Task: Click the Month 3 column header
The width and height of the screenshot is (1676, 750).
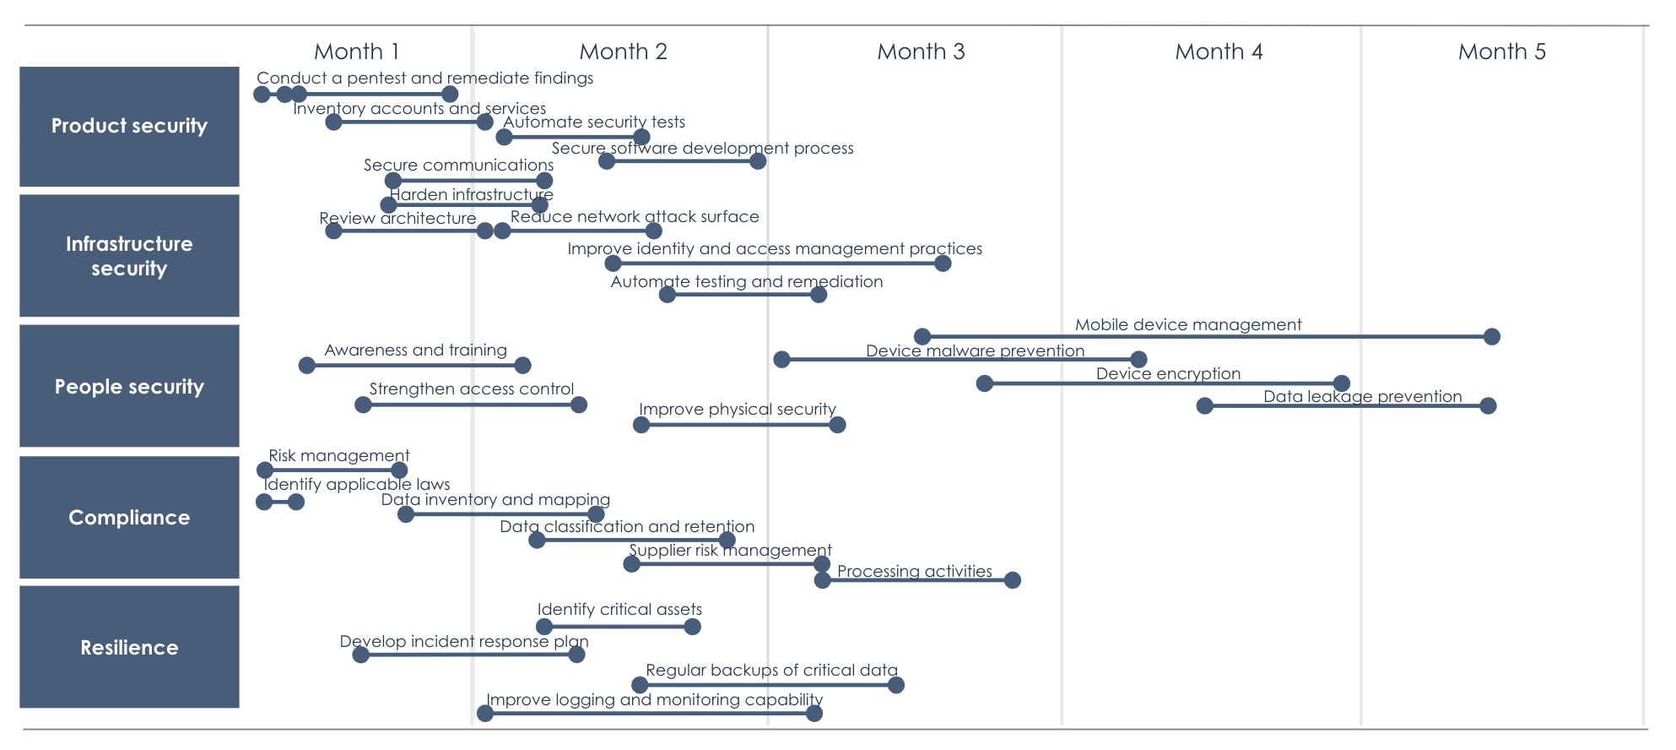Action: coord(921,52)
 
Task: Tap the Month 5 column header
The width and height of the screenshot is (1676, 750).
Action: coord(1501,52)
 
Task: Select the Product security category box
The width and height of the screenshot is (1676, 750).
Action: coord(129,127)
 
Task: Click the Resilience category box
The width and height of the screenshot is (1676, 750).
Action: coord(129,647)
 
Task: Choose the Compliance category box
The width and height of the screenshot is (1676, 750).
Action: coord(129,517)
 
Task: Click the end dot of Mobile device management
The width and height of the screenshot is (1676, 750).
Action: coord(1492,337)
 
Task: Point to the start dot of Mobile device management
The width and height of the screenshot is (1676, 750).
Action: coord(922,337)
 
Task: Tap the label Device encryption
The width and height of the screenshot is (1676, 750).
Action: coord(1168,373)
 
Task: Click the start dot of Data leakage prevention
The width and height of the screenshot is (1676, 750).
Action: coord(1205,406)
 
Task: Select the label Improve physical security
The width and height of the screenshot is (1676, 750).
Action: coord(737,410)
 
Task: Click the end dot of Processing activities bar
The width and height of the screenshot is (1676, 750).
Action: coord(1013,580)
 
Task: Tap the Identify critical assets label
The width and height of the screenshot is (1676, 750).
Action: coord(619,609)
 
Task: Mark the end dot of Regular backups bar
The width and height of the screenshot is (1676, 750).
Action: coord(896,685)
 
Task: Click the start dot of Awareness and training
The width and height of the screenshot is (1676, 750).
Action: coord(307,366)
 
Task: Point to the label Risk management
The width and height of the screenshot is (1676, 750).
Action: coord(338,456)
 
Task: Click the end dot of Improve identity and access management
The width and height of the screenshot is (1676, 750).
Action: coord(943,264)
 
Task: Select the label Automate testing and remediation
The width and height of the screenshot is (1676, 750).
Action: coord(747,282)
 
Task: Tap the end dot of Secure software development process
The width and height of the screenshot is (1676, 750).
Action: coord(758,161)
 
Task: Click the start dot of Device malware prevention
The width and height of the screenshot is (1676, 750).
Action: coord(782,360)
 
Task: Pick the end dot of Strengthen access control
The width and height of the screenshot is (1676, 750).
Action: coord(579,405)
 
